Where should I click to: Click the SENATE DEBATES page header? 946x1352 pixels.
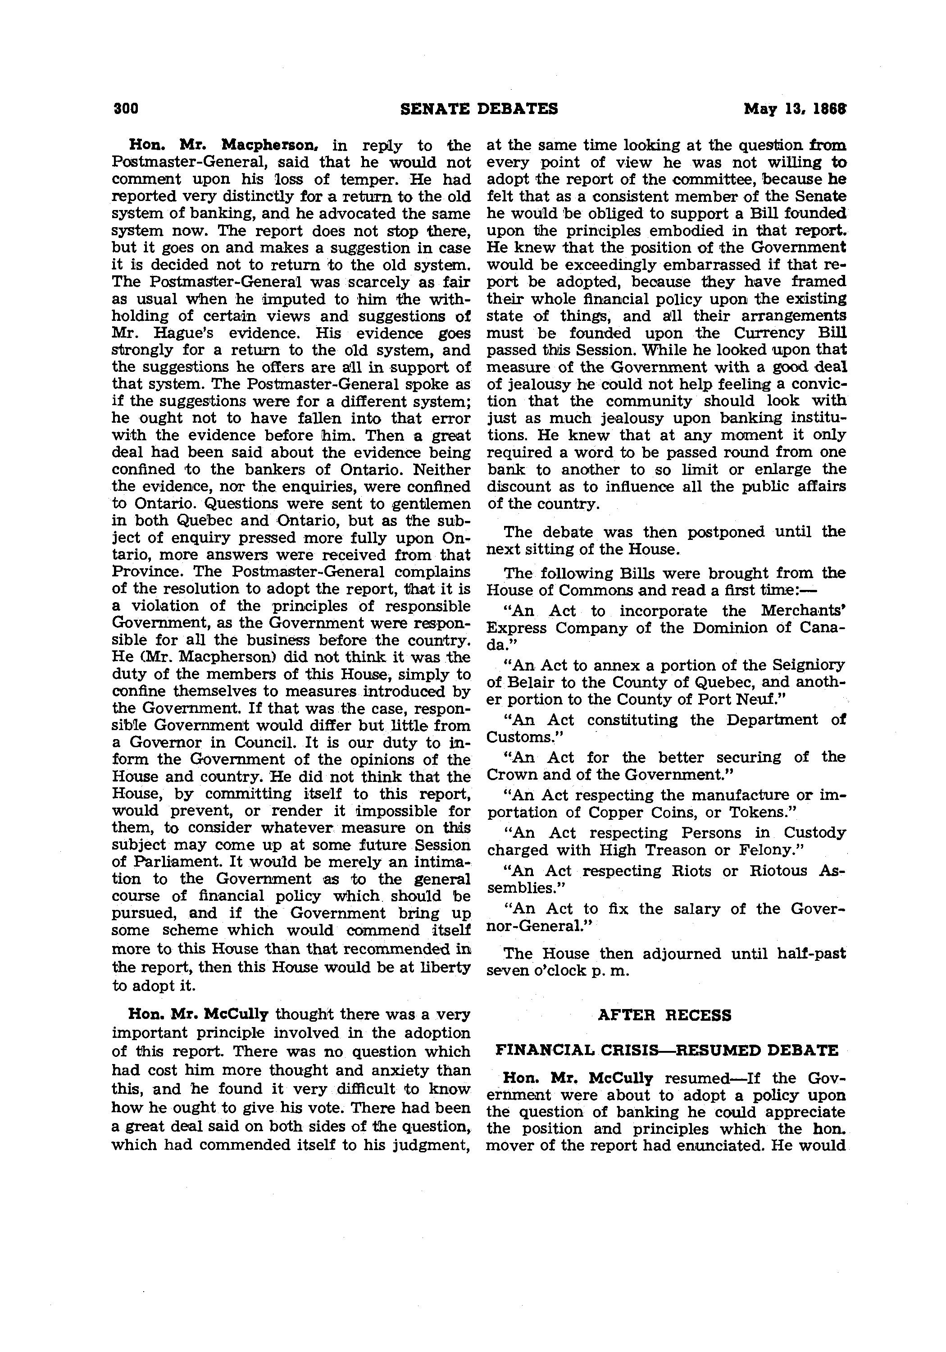click(478, 109)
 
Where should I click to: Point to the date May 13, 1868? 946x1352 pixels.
click(794, 109)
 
